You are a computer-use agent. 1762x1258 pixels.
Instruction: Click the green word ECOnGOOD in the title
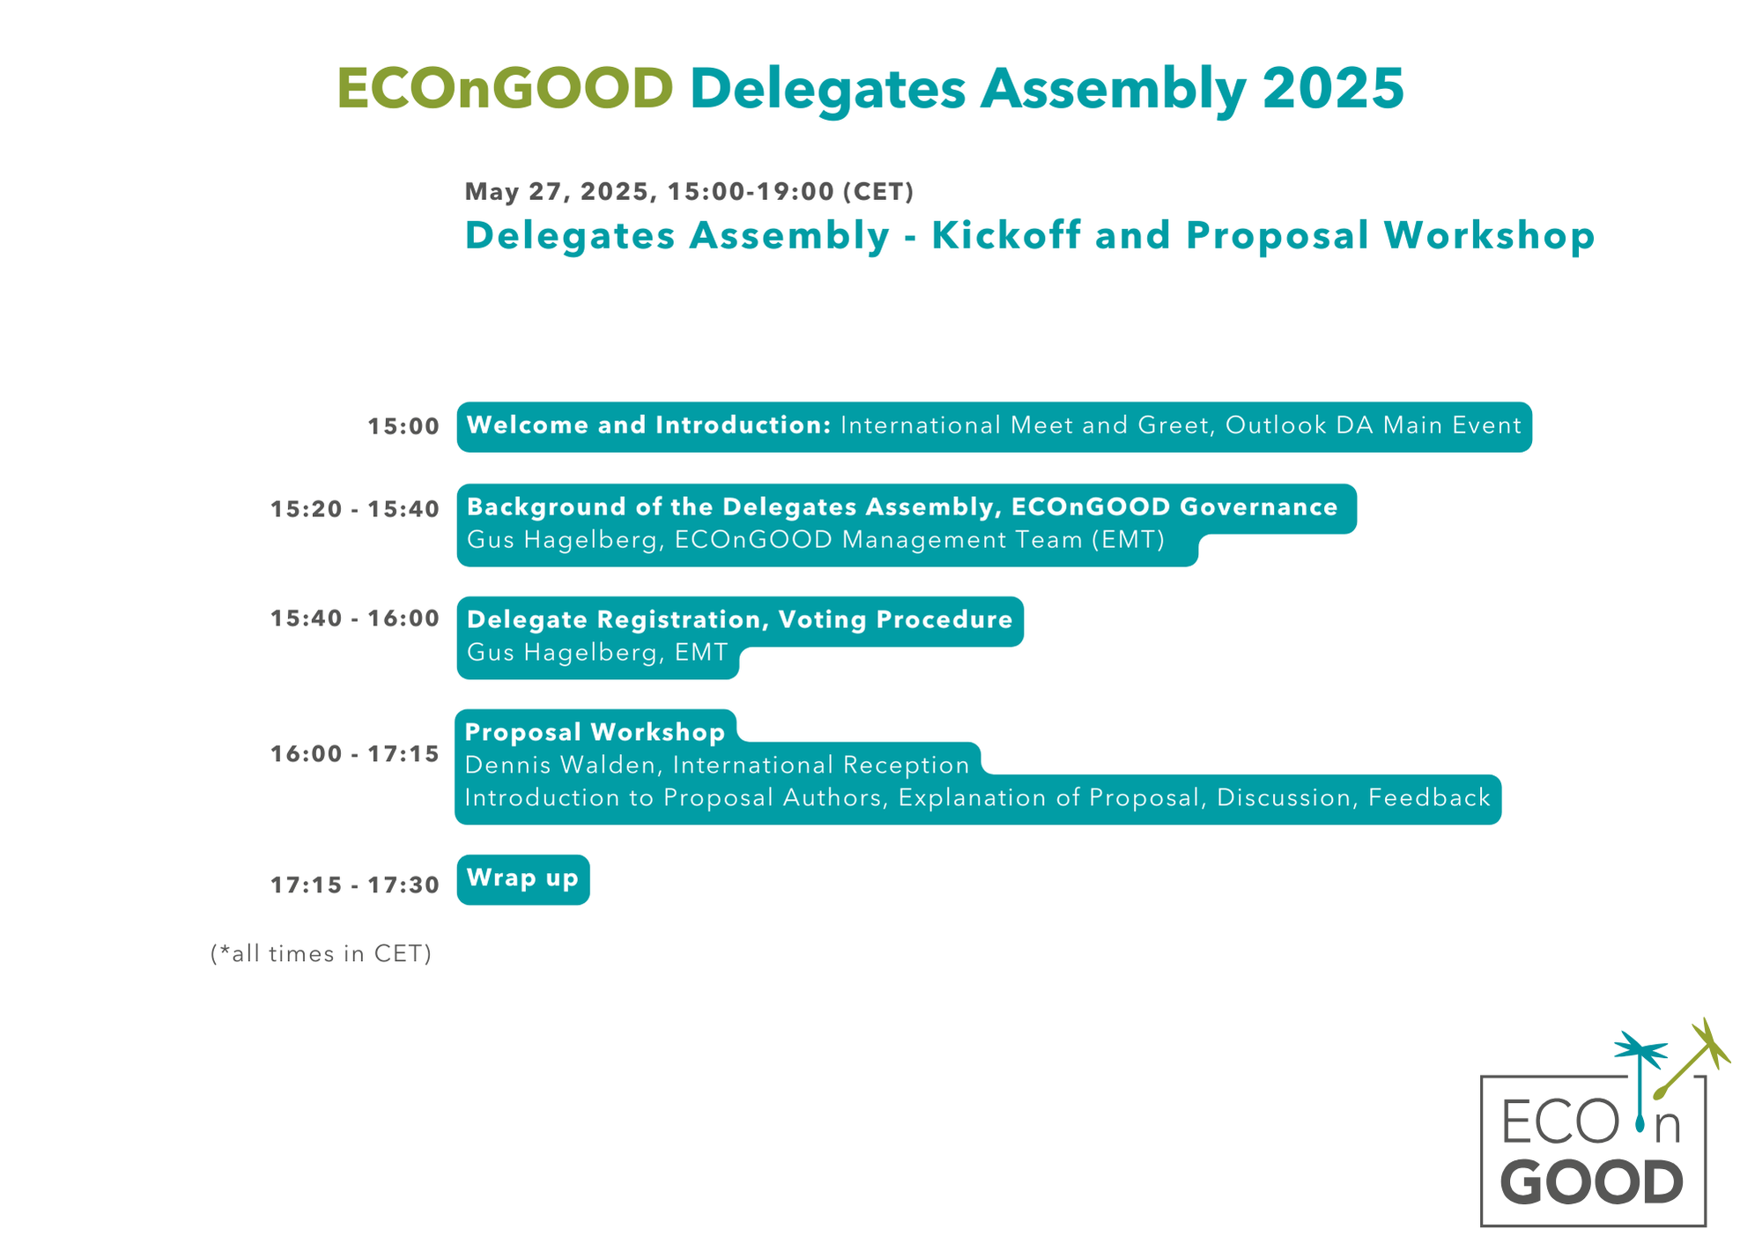tap(505, 89)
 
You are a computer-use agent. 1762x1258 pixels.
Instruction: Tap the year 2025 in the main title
tap(1333, 89)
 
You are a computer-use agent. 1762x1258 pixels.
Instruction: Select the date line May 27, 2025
tap(560, 192)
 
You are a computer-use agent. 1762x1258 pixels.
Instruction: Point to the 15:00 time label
tap(403, 427)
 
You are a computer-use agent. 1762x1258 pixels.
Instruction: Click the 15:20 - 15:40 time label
tap(354, 509)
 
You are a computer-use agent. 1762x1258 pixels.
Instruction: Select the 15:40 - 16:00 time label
tap(354, 618)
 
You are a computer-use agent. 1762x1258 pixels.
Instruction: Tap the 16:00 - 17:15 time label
tap(354, 754)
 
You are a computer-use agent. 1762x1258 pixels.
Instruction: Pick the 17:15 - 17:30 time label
tap(354, 884)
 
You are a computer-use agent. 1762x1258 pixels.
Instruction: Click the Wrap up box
tap(523, 879)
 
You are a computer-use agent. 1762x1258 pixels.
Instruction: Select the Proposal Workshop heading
tap(595, 732)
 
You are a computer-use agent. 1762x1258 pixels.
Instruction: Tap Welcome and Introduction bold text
tap(649, 425)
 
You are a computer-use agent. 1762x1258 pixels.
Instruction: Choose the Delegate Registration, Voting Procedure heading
tap(740, 620)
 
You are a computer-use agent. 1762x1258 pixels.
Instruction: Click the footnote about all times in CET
tap(321, 953)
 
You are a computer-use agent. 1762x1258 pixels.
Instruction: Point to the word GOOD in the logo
tap(1591, 1182)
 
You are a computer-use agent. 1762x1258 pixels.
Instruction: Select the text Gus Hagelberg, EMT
tap(597, 653)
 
